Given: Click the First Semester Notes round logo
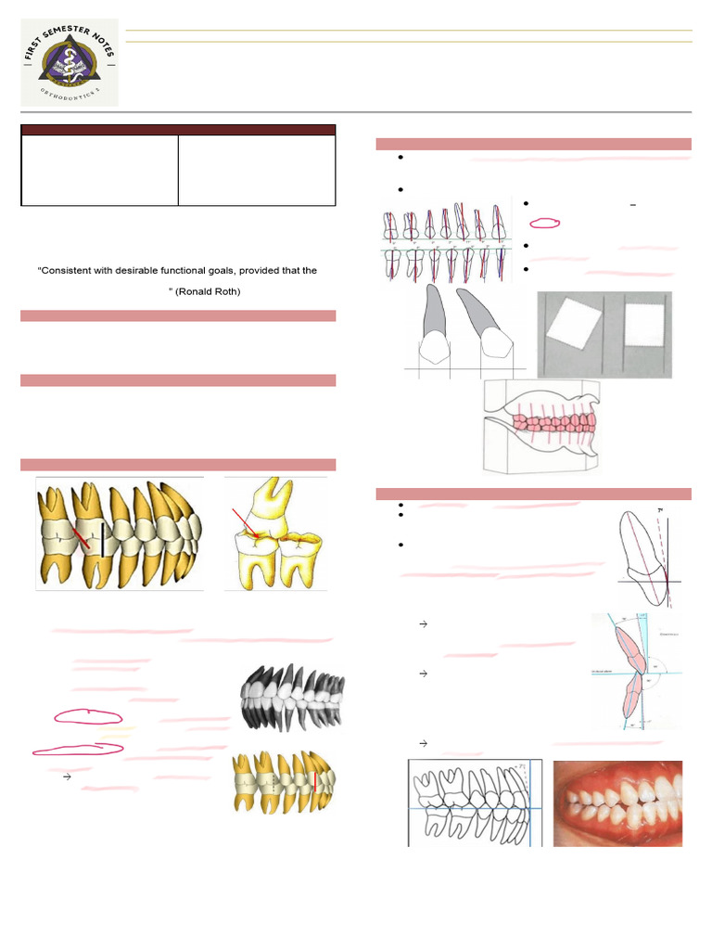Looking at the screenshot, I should (70, 62).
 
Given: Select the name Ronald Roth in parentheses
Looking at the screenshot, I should (216, 291).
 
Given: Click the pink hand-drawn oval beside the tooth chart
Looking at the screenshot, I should (546, 223).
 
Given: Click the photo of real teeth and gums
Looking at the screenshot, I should (617, 803).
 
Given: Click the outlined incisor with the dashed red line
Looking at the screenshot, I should (646, 557).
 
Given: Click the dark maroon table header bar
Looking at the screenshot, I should (178, 130).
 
